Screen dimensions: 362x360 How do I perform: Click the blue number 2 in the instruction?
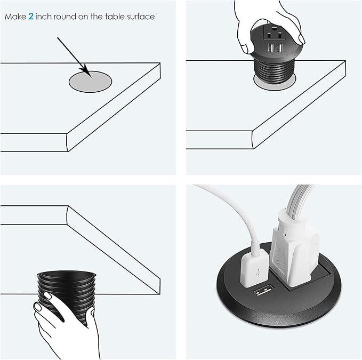click(x=31, y=17)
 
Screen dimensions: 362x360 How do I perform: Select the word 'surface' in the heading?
click(x=141, y=17)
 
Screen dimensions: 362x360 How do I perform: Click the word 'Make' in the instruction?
click(x=15, y=17)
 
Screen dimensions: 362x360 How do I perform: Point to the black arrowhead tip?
click(x=92, y=77)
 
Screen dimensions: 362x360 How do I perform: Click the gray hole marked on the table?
click(x=90, y=82)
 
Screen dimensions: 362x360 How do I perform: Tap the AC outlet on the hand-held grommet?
click(x=274, y=34)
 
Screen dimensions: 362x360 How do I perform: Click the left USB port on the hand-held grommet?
click(x=271, y=48)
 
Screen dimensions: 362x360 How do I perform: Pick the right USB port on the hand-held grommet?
click(x=279, y=48)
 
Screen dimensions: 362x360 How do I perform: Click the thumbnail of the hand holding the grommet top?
click(x=301, y=38)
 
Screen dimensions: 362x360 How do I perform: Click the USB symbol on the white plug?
click(x=257, y=272)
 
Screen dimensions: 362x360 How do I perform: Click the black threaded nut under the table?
click(x=66, y=298)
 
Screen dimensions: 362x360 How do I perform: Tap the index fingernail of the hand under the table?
click(x=49, y=295)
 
